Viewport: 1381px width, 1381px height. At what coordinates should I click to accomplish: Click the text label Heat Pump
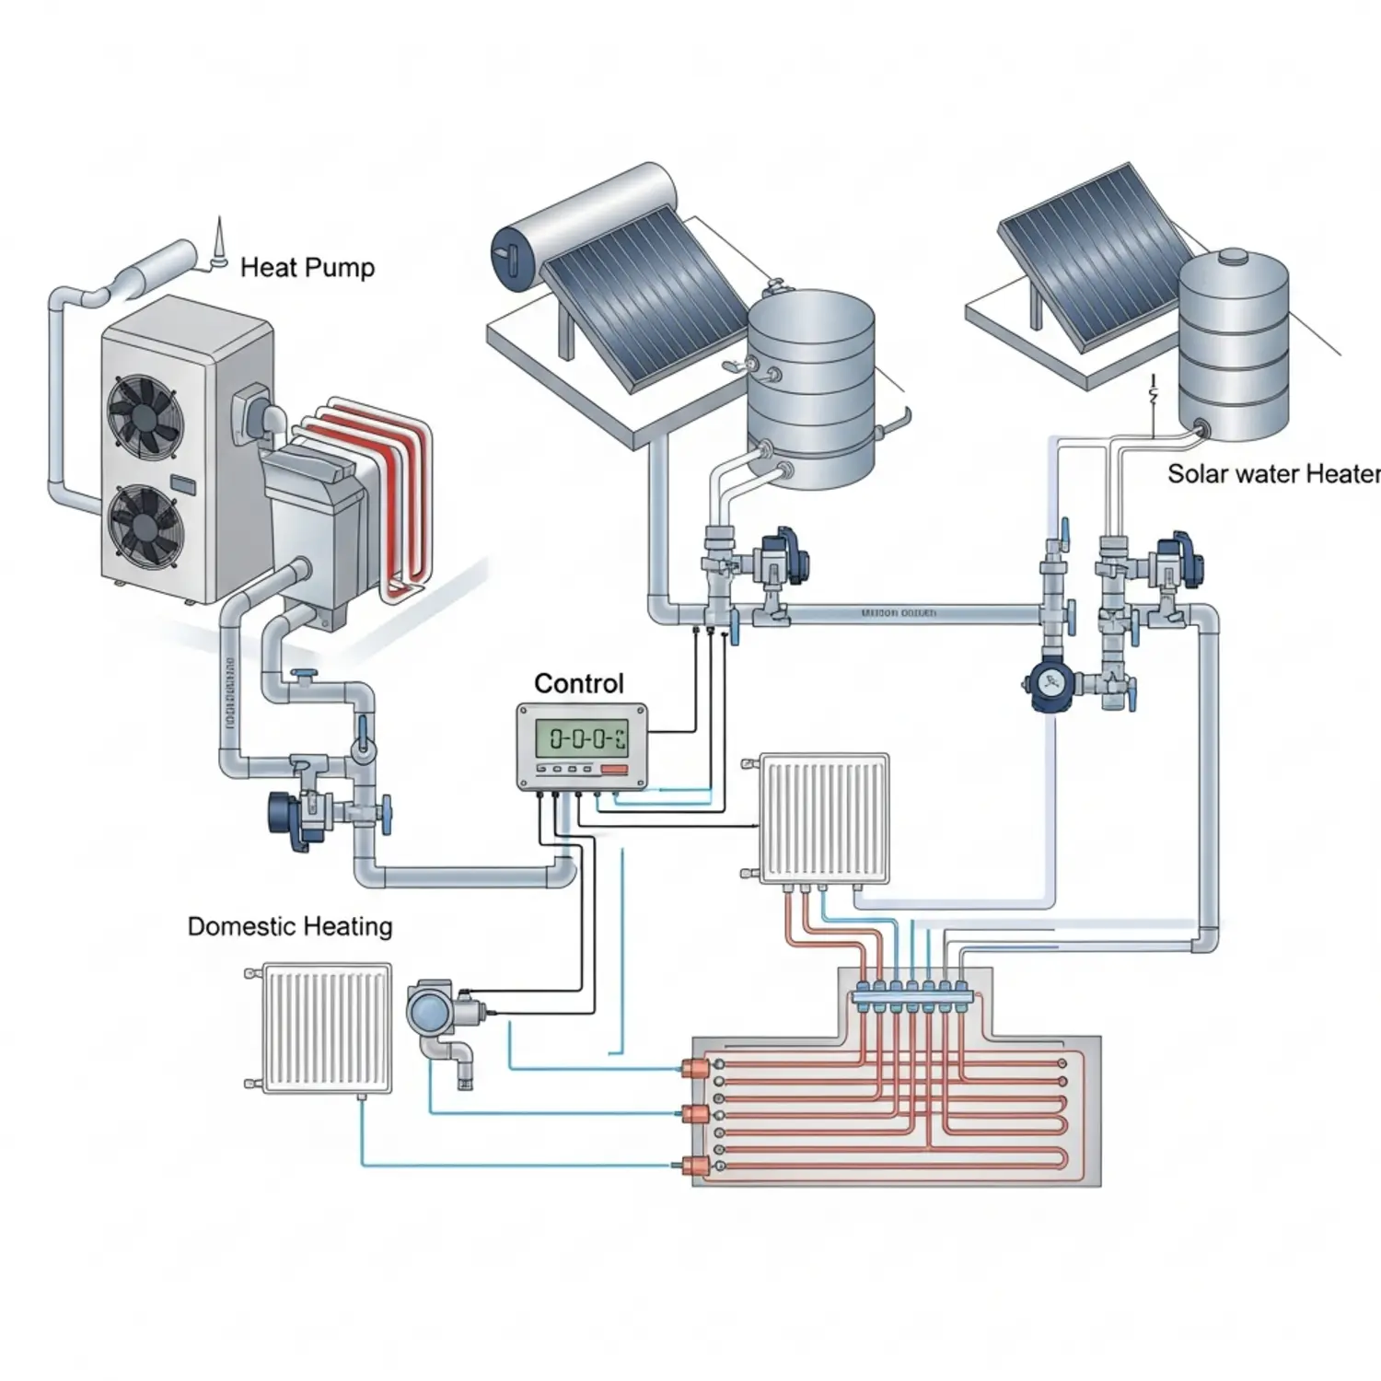point(307,268)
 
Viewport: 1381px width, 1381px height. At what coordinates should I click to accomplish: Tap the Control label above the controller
point(578,683)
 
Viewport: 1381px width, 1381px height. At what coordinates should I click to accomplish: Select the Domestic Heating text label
point(289,926)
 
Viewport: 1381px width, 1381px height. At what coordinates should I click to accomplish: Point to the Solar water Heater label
point(1273,474)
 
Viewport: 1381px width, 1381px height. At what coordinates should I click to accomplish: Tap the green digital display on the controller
point(582,737)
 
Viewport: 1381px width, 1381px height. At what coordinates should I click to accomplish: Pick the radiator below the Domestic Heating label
point(326,1027)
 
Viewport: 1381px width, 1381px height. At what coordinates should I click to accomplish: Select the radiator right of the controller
point(824,818)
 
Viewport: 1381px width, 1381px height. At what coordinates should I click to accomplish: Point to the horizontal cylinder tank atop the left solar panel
point(585,226)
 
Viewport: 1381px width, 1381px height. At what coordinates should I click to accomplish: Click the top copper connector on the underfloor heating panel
point(693,1067)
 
